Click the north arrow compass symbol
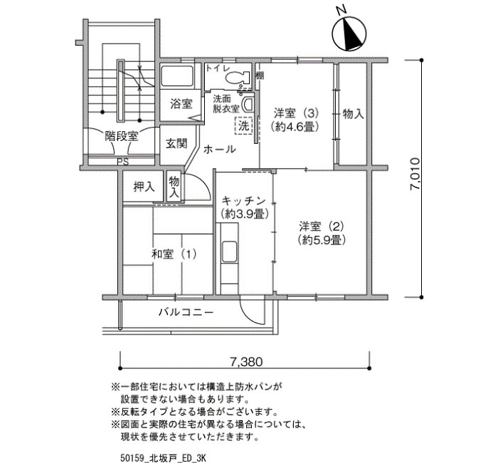point(349,33)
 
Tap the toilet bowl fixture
point(237,77)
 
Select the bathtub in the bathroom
point(177,76)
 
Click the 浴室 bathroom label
point(181,104)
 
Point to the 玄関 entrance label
point(176,144)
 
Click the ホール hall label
point(219,149)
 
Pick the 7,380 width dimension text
point(246,362)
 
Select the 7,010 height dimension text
point(415,174)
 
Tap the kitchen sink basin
point(229,252)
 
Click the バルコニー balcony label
point(186,312)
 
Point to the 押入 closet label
point(144,187)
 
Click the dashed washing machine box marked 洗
point(243,125)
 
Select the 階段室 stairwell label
point(122,137)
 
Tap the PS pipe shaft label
point(122,162)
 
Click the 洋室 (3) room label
point(296,113)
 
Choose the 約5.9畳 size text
point(322,240)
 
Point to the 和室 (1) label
point(174,254)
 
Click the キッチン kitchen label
point(243,201)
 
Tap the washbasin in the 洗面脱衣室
point(248,104)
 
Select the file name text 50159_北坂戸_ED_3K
point(163,458)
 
